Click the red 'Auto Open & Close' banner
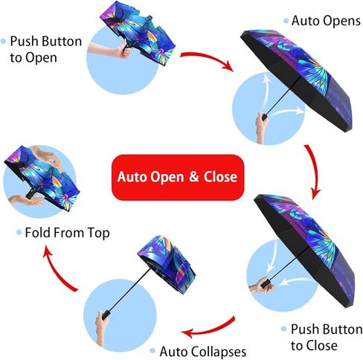(178, 177)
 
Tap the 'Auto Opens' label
(326, 21)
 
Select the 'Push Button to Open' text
(46, 49)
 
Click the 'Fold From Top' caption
(67, 233)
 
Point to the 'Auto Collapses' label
(203, 351)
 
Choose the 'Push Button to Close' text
(327, 337)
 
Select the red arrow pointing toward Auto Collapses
(211, 328)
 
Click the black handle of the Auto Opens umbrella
(264, 117)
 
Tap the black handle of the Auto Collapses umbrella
(106, 314)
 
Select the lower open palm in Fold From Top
(26, 200)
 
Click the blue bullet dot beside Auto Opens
(286, 21)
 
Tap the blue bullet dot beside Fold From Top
(19, 233)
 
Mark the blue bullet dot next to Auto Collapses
(152, 351)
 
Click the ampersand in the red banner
(194, 176)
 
